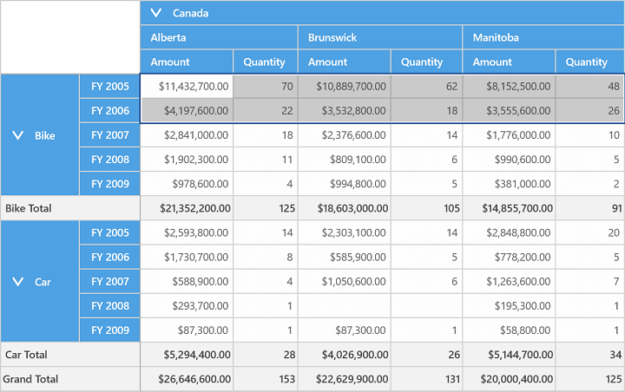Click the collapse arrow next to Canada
156,13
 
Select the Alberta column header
219,37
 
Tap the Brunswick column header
380,37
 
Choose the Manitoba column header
543,37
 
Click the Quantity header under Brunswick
426,62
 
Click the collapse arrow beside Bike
18,135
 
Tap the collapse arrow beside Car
18,282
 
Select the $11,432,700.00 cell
187,86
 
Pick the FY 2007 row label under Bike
110,135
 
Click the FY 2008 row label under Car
110,306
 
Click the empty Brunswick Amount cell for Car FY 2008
345,306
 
